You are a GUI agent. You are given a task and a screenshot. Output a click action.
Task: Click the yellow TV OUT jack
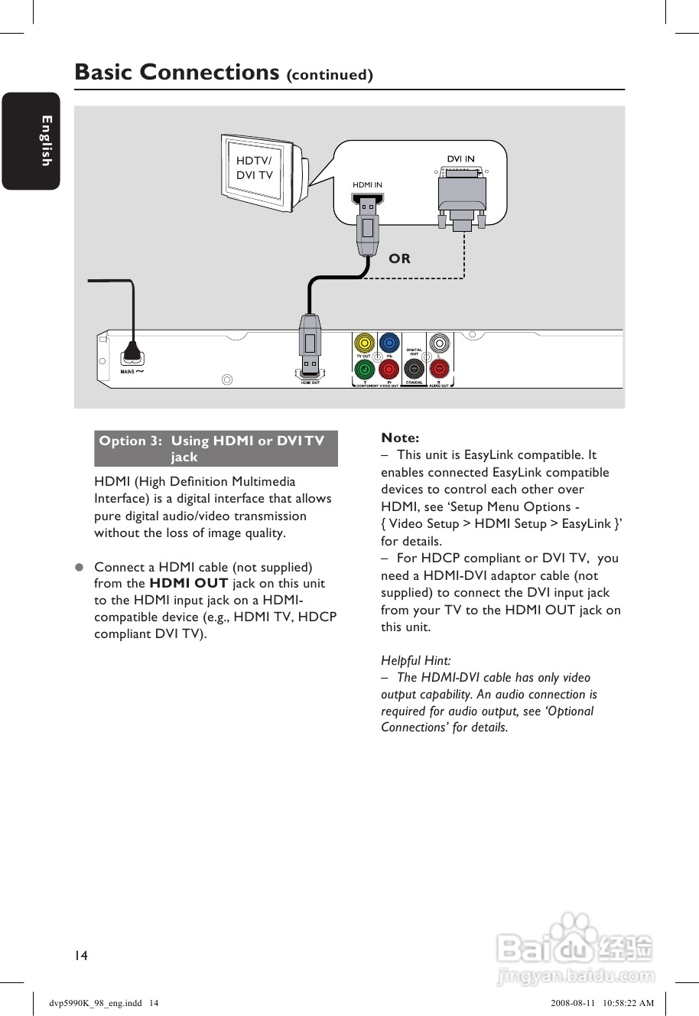point(365,343)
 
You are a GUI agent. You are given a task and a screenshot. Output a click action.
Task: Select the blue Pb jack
point(389,343)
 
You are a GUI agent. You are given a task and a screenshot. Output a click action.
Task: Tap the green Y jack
point(365,369)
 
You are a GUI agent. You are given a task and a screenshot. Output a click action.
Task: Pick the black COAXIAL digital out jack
point(414,369)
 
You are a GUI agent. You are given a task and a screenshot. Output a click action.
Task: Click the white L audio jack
point(439,343)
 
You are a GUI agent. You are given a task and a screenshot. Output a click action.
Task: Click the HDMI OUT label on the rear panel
point(310,383)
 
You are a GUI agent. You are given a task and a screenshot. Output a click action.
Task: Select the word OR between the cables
point(399,259)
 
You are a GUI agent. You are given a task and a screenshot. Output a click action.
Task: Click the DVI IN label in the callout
point(460,159)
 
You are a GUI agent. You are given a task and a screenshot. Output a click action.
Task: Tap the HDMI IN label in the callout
point(367,185)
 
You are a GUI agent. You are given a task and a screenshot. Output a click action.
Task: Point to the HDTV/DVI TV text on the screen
point(254,168)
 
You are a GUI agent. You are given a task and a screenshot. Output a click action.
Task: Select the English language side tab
point(31,141)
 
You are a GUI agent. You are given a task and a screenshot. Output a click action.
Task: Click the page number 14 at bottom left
point(81,955)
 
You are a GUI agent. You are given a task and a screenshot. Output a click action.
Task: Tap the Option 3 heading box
point(216,448)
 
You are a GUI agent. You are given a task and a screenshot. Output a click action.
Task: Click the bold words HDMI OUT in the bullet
point(188,583)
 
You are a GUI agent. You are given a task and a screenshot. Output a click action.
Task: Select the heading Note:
point(400,438)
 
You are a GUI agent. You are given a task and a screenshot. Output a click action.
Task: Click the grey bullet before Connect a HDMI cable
point(78,568)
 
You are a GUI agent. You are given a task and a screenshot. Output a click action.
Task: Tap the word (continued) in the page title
point(330,75)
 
